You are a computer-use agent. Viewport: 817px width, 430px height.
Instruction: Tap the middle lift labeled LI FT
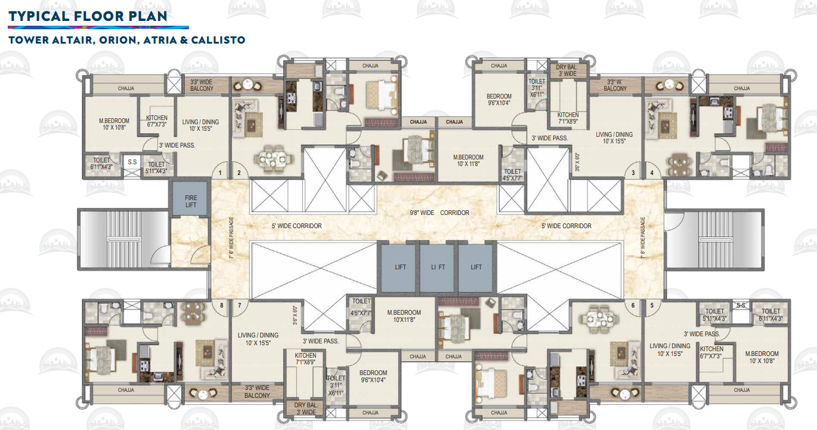(x=438, y=267)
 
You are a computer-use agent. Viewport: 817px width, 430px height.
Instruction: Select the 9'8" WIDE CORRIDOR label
(x=440, y=213)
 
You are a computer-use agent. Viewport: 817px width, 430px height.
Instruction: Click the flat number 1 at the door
(x=221, y=173)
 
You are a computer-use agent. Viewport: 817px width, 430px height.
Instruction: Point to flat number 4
(x=652, y=173)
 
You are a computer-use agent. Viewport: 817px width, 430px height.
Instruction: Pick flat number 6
(x=633, y=305)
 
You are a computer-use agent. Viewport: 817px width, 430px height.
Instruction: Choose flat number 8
(x=221, y=305)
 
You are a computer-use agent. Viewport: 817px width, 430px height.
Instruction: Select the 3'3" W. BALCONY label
(x=615, y=85)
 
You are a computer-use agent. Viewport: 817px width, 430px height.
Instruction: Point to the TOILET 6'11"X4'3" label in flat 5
(x=770, y=315)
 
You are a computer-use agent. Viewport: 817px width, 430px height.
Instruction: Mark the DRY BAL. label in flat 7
(x=305, y=408)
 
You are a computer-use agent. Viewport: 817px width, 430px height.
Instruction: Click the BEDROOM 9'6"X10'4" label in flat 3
(x=499, y=100)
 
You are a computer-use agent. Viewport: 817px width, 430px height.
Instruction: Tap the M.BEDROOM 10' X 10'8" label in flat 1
(x=114, y=124)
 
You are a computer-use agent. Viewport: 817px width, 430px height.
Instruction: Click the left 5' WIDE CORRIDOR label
(x=296, y=226)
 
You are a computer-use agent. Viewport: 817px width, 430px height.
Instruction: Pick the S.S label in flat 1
(x=131, y=162)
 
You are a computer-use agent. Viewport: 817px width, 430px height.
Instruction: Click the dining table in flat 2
(x=273, y=158)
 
